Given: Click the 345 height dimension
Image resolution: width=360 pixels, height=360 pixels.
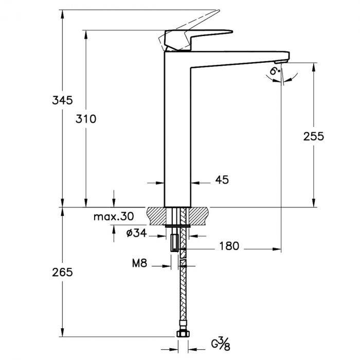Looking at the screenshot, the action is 62,100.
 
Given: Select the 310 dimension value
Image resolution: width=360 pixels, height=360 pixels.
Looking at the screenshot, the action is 86,119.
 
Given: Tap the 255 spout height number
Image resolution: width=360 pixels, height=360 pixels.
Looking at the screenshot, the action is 313,136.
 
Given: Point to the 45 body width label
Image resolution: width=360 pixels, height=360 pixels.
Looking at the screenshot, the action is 222,180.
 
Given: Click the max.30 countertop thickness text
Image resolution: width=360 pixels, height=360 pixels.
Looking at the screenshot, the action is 114,217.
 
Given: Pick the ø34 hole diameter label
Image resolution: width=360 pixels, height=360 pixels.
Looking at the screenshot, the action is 136,233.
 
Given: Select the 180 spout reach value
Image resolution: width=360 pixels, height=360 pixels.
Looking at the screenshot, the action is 229,246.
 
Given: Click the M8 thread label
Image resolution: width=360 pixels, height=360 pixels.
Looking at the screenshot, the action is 139,263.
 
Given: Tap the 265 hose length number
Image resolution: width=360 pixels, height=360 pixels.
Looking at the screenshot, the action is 62,273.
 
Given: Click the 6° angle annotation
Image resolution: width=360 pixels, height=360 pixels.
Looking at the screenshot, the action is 275,71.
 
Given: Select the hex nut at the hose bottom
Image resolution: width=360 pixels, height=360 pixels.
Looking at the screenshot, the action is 183,334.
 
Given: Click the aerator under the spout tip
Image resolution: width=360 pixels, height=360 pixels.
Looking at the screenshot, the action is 281,62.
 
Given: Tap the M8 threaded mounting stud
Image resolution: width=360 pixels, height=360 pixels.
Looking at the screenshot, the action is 174,243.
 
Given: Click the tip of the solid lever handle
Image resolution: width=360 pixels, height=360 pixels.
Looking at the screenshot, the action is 232,31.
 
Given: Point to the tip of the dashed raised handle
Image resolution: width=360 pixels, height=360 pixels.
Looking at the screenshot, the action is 219,11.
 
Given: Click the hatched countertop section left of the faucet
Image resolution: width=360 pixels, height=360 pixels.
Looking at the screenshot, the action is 156,216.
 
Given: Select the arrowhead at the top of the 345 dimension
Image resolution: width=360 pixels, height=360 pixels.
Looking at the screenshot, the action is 62,14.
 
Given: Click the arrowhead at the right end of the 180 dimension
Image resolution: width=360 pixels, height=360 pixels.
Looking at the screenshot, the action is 277,249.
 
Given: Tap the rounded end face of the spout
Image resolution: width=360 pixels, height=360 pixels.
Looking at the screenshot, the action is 289,56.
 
